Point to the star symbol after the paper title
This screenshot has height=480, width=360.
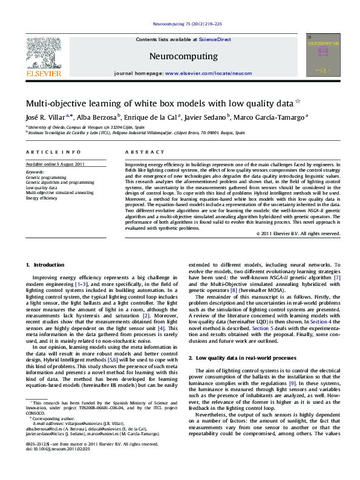(297, 102)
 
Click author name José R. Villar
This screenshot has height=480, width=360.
(44, 117)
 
